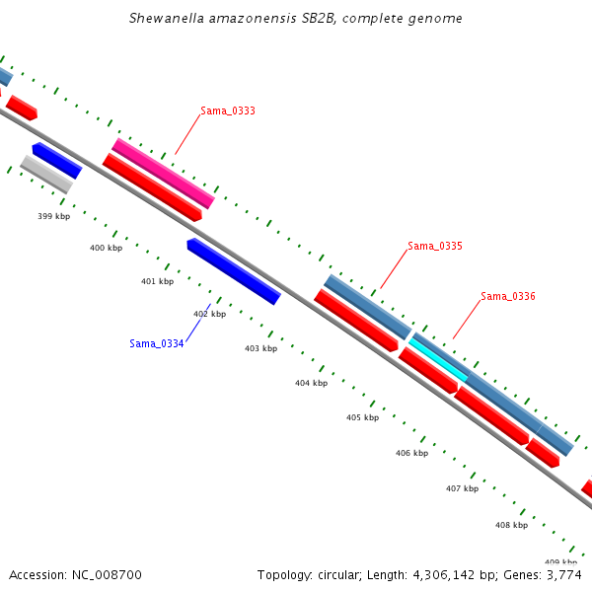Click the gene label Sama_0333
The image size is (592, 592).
[228, 111]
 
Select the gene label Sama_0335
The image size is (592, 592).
[435, 246]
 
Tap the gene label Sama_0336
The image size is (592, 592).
[508, 296]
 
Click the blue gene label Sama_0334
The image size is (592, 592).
[157, 343]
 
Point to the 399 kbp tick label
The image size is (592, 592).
[54, 216]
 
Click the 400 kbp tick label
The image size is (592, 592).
[106, 249]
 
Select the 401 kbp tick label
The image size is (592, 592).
[157, 281]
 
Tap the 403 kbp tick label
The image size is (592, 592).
[260, 348]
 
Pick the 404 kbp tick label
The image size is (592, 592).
[311, 383]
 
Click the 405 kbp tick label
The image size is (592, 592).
[362, 417]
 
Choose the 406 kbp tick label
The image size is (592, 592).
[411, 453]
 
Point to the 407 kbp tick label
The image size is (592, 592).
[462, 488]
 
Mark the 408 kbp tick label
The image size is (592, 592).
[511, 525]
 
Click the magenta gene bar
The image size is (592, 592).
[163, 173]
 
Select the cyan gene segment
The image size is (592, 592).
[438, 360]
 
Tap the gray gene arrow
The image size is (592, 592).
[46, 174]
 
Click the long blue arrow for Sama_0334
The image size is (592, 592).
[234, 270]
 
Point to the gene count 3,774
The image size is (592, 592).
[564, 574]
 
